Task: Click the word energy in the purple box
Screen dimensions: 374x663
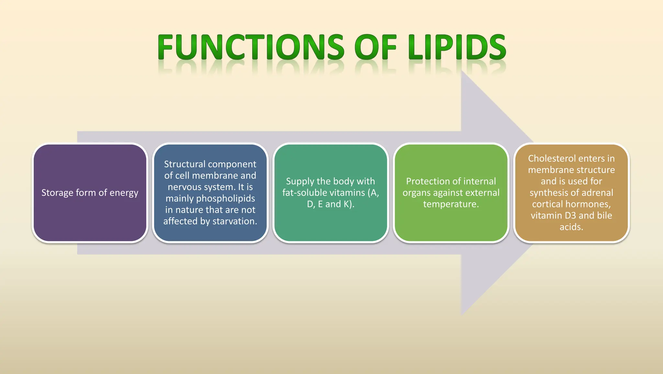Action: (124, 193)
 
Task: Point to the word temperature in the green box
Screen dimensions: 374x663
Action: (451, 204)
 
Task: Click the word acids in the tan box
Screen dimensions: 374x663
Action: (571, 227)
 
